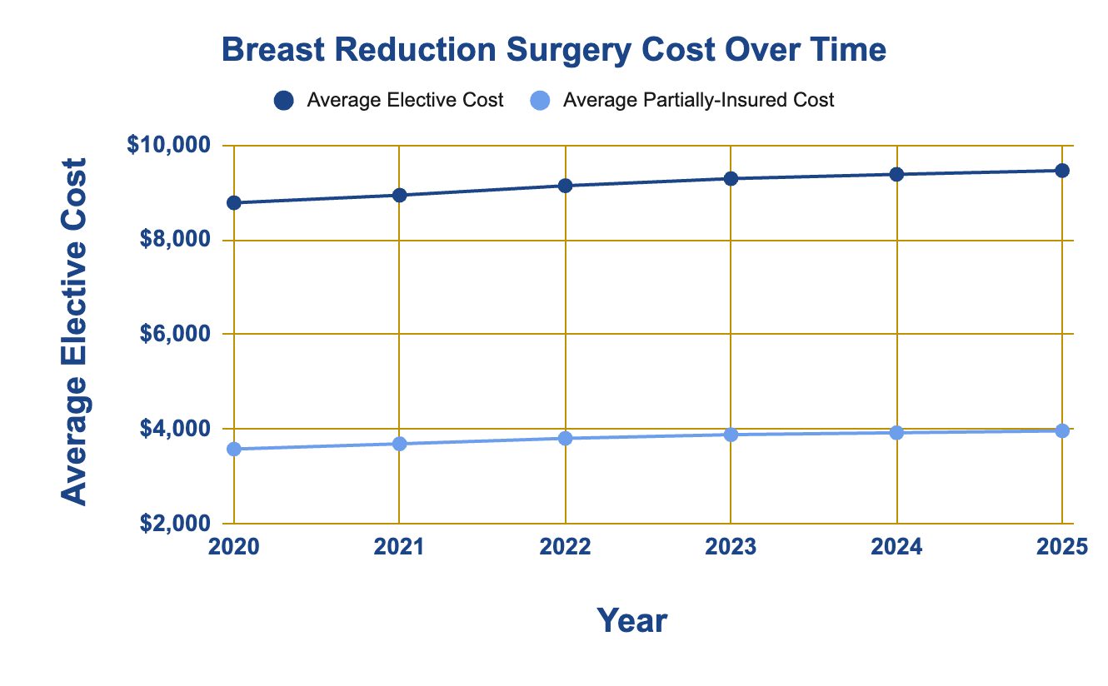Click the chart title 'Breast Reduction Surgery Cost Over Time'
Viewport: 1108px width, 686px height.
pos(553,50)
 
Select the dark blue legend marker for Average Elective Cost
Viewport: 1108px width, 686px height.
pos(284,101)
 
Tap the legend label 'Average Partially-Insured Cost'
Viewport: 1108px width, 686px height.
pos(698,101)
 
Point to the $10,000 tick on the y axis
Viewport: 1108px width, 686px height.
pos(168,145)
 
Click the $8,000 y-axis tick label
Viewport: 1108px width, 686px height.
pos(175,240)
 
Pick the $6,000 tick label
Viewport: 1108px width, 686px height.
pos(175,334)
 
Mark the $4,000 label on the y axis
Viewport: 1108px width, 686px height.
pos(175,429)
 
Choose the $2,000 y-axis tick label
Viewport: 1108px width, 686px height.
pos(175,523)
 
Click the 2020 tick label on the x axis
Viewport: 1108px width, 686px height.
pos(233,547)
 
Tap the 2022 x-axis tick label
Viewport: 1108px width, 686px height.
pos(565,547)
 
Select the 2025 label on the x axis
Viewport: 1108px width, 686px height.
pos(1062,547)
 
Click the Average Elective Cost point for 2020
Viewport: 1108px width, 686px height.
pos(234,202)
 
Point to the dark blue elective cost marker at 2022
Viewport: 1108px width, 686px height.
pos(566,186)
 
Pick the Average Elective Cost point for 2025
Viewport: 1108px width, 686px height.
pos(1062,171)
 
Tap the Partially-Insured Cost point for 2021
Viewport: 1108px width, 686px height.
pos(400,444)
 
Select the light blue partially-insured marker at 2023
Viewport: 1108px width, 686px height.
pos(731,435)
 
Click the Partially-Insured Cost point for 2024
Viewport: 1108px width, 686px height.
pos(896,433)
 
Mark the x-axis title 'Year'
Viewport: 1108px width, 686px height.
pos(631,620)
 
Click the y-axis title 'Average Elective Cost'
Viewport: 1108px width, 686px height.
pos(73,332)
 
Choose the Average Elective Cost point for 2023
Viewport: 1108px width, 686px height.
pos(731,178)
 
